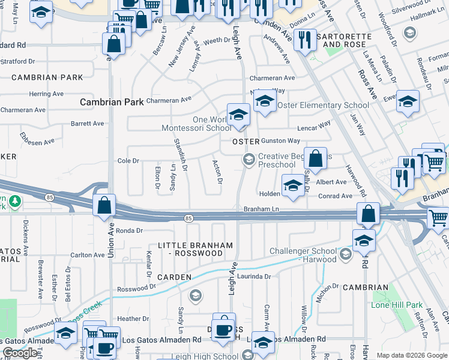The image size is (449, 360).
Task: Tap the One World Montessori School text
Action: pyautogui.click(x=196, y=124)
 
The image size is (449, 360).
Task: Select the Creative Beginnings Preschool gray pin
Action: pyautogui.click(x=247, y=159)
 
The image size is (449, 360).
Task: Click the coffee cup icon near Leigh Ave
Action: pyautogui.click(x=224, y=328)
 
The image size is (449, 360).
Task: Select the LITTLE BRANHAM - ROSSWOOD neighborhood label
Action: pyautogui.click(x=190, y=250)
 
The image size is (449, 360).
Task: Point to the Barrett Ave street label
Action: pyautogui.click(x=88, y=124)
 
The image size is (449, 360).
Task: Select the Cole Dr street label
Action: pyautogui.click(x=128, y=161)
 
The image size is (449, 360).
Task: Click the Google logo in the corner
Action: pyautogui.click(x=20, y=353)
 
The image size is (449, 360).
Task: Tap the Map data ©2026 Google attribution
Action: pyautogui.click(x=412, y=355)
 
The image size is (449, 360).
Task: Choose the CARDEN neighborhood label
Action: pyautogui.click(x=174, y=277)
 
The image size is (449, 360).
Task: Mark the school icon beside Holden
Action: pyautogui.click(x=292, y=187)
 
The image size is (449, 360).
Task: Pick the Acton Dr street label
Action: pyautogui.click(x=218, y=172)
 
